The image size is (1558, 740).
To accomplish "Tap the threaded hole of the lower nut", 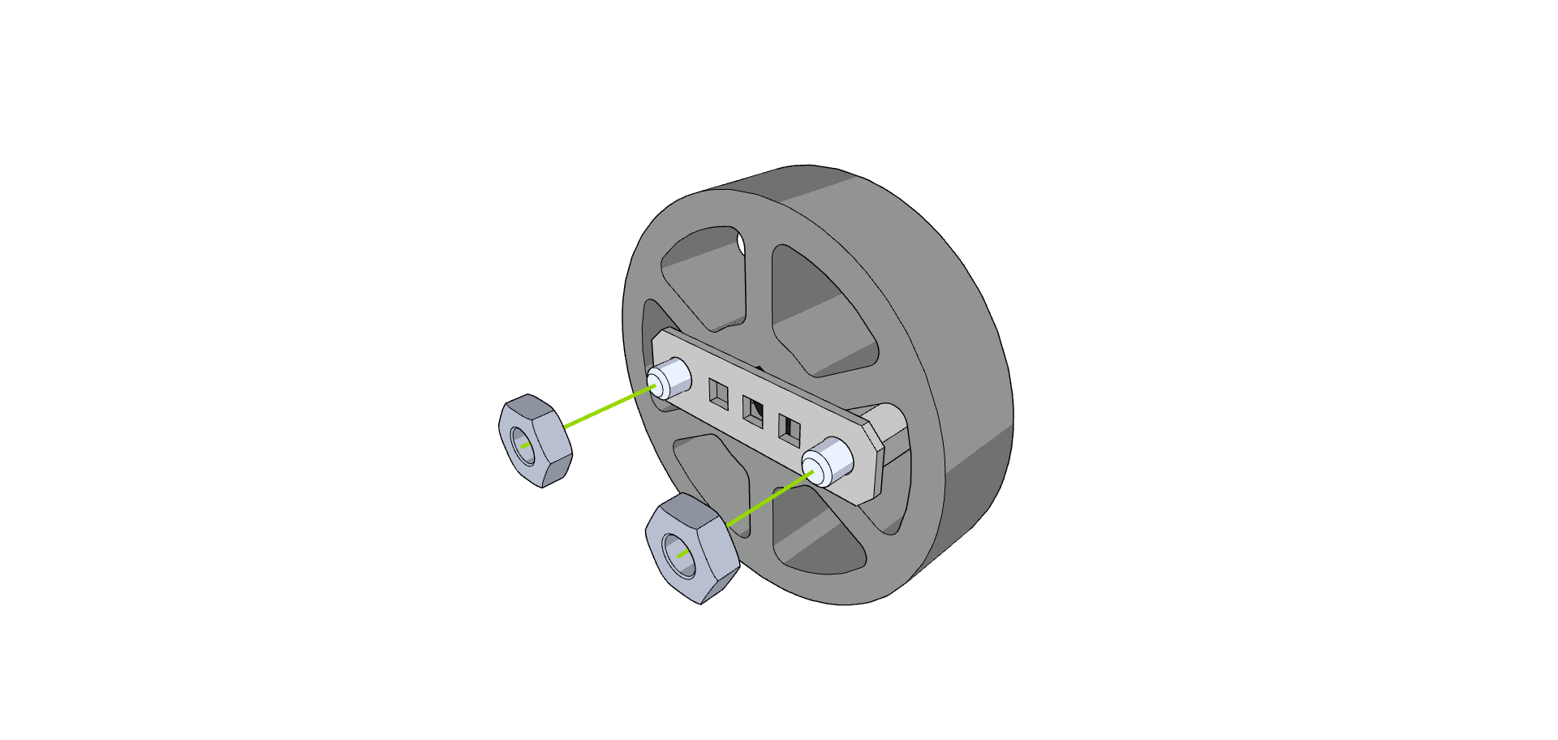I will click(x=680, y=556).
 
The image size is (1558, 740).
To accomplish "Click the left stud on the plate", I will click(x=669, y=378).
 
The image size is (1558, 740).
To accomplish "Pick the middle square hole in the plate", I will click(x=753, y=411).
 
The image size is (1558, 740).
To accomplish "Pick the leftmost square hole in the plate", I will click(x=718, y=393).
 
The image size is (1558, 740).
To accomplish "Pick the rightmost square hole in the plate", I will click(x=789, y=429).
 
